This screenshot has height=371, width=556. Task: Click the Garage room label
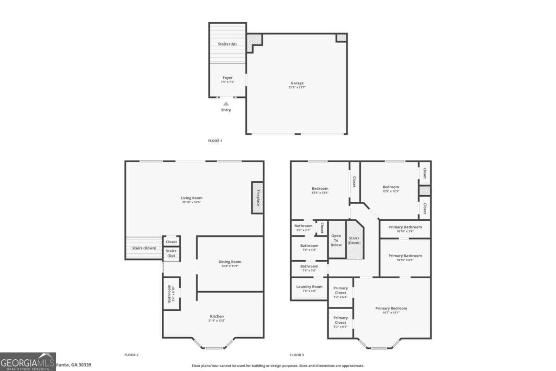click(297, 83)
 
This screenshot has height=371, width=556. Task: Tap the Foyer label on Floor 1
click(227, 78)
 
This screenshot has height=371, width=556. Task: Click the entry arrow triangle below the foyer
click(226, 104)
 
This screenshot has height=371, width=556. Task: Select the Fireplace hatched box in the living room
click(258, 198)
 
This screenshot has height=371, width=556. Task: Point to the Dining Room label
click(230, 262)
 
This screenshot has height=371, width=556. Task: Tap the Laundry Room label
click(309, 287)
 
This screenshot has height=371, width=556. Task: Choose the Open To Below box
click(336, 240)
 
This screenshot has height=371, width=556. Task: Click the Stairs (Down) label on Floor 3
click(354, 240)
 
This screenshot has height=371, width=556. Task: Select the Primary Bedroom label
click(391, 308)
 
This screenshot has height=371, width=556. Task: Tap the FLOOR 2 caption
click(131, 355)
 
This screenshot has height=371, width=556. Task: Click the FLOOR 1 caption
click(215, 141)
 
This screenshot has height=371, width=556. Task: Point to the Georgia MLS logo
click(28, 362)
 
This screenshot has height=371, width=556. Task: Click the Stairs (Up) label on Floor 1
click(227, 44)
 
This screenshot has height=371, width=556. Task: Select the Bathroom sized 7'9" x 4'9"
click(309, 248)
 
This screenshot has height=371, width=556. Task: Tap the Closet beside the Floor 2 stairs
click(171, 242)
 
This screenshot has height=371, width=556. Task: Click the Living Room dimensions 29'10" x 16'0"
click(191, 203)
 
